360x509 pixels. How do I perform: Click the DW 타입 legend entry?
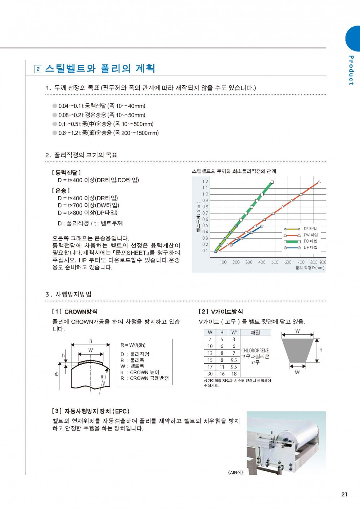point(310,235)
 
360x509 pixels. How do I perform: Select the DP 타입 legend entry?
point(310,247)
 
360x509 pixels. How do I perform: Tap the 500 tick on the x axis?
point(275,262)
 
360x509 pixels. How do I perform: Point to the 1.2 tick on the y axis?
point(205,181)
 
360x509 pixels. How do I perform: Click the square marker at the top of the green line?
point(272,182)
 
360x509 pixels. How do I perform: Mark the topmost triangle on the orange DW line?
point(319,182)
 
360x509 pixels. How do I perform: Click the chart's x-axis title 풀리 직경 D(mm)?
point(310,268)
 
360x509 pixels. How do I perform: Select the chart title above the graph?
point(234,171)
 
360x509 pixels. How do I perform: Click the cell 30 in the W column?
point(210,374)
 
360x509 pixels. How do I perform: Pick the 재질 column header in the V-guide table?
point(255,333)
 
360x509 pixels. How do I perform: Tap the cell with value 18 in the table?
point(234,374)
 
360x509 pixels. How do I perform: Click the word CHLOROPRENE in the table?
point(255,350)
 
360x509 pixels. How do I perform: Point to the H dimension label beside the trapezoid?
point(321,350)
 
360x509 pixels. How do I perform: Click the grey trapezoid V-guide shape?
point(297,350)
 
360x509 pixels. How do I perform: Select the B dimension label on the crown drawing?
point(90,341)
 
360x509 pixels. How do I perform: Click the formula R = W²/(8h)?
point(133,345)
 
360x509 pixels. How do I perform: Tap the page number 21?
point(344,494)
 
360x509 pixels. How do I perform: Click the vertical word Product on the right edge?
point(351,70)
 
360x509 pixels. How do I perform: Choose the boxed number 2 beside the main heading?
point(38,69)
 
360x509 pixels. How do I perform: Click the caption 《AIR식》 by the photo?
point(236,472)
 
